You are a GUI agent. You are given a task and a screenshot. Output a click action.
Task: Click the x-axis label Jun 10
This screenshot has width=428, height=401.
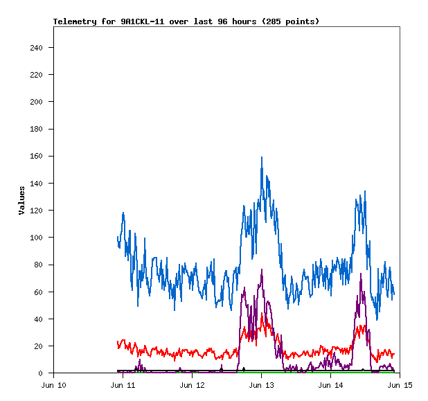(54, 384)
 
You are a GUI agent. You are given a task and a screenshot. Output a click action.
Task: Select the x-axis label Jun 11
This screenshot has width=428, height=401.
(123, 384)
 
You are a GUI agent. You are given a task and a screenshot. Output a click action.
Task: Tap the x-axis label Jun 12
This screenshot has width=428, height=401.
(192, 384)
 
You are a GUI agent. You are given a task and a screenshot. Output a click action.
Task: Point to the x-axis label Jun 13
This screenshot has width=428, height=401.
(261, 384)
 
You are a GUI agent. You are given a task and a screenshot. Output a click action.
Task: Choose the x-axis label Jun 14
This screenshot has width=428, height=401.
(330, 384)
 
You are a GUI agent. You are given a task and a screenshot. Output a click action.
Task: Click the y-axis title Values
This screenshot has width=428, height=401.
(22, 200)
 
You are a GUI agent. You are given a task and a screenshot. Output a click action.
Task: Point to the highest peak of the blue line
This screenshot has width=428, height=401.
(262, 157)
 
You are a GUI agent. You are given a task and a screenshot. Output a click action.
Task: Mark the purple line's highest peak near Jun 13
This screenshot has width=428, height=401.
(262, 269)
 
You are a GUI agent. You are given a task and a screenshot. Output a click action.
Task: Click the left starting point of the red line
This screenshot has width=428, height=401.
(118, 341)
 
